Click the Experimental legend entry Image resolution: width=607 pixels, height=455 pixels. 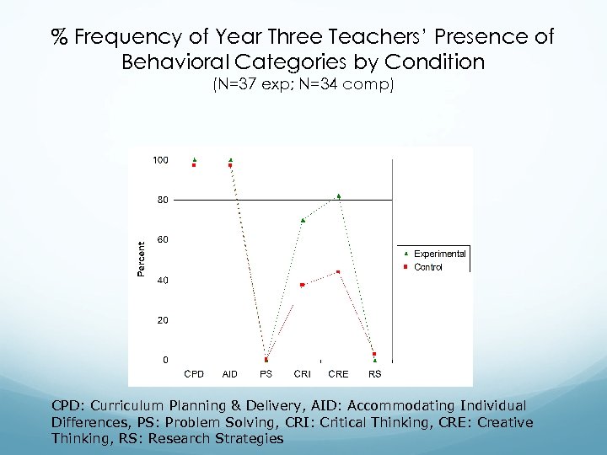click(439, 254)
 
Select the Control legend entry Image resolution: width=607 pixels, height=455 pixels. click(427, 267)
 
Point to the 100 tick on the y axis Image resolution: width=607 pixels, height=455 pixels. click(160, 160)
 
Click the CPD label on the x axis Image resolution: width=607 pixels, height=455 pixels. click(194, 373)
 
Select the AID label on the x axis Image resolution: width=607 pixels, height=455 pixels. click(229, 373)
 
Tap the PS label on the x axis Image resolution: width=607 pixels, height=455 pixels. click(266, 373)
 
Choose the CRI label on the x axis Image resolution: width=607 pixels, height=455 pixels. click(302, 373)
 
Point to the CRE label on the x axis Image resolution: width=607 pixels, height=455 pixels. click(338, 373)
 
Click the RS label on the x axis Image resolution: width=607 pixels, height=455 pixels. click(375, 373)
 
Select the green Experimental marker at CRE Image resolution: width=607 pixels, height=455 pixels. click(339, 196)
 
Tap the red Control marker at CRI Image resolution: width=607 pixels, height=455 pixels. click(302, 285)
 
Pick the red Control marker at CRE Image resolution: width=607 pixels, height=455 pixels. click(338, 271)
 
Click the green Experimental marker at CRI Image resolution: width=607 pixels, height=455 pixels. click(303, 220)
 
